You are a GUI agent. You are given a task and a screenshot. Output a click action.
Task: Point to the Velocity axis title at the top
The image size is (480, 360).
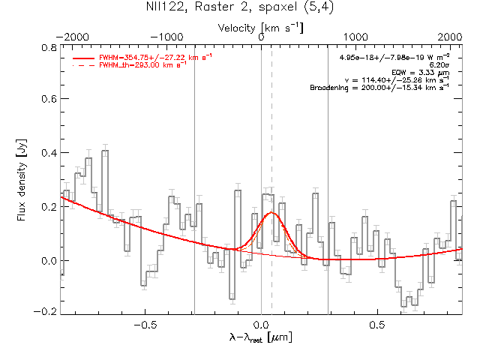click(x=260, y=28)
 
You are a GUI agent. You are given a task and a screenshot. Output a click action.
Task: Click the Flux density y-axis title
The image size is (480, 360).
click(x=22, y=180)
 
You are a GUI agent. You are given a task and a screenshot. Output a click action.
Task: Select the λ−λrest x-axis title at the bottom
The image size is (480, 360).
click(x=260, y=337)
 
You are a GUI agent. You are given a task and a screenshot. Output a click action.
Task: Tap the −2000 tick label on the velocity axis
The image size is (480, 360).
click(x=73, y=37)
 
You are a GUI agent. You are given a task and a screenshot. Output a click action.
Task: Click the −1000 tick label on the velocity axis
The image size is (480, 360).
click(x=166, y=37)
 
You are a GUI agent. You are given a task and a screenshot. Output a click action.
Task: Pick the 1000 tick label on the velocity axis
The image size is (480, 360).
click(x=355, y=37)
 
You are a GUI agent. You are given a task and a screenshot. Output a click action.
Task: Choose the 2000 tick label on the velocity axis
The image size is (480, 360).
click(x=449, y=37)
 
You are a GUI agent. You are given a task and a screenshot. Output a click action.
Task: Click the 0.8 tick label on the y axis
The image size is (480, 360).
click(x=49, y=48)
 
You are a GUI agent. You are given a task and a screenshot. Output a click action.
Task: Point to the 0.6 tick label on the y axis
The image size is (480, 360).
click(x=49, y=99)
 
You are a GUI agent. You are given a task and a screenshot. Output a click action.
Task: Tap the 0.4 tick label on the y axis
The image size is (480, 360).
click(x=49, y=153)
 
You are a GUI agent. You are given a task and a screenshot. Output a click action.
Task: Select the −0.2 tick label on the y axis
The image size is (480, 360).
click(x=45, y=312)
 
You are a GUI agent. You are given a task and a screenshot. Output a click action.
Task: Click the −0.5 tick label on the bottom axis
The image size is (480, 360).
click(x=145, y=325)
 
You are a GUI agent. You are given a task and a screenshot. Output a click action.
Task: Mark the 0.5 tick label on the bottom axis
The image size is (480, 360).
click(x=377, y=325)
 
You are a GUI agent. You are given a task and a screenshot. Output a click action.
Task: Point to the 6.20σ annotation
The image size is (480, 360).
click(x=439, y=65)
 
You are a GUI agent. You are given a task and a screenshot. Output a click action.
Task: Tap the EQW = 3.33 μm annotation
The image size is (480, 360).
click(x=421, y=73)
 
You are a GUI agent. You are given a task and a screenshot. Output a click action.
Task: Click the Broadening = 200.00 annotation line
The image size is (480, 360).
click(x=379, y=88)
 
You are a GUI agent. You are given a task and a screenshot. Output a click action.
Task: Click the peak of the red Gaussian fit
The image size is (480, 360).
click(x=271, y=212)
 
